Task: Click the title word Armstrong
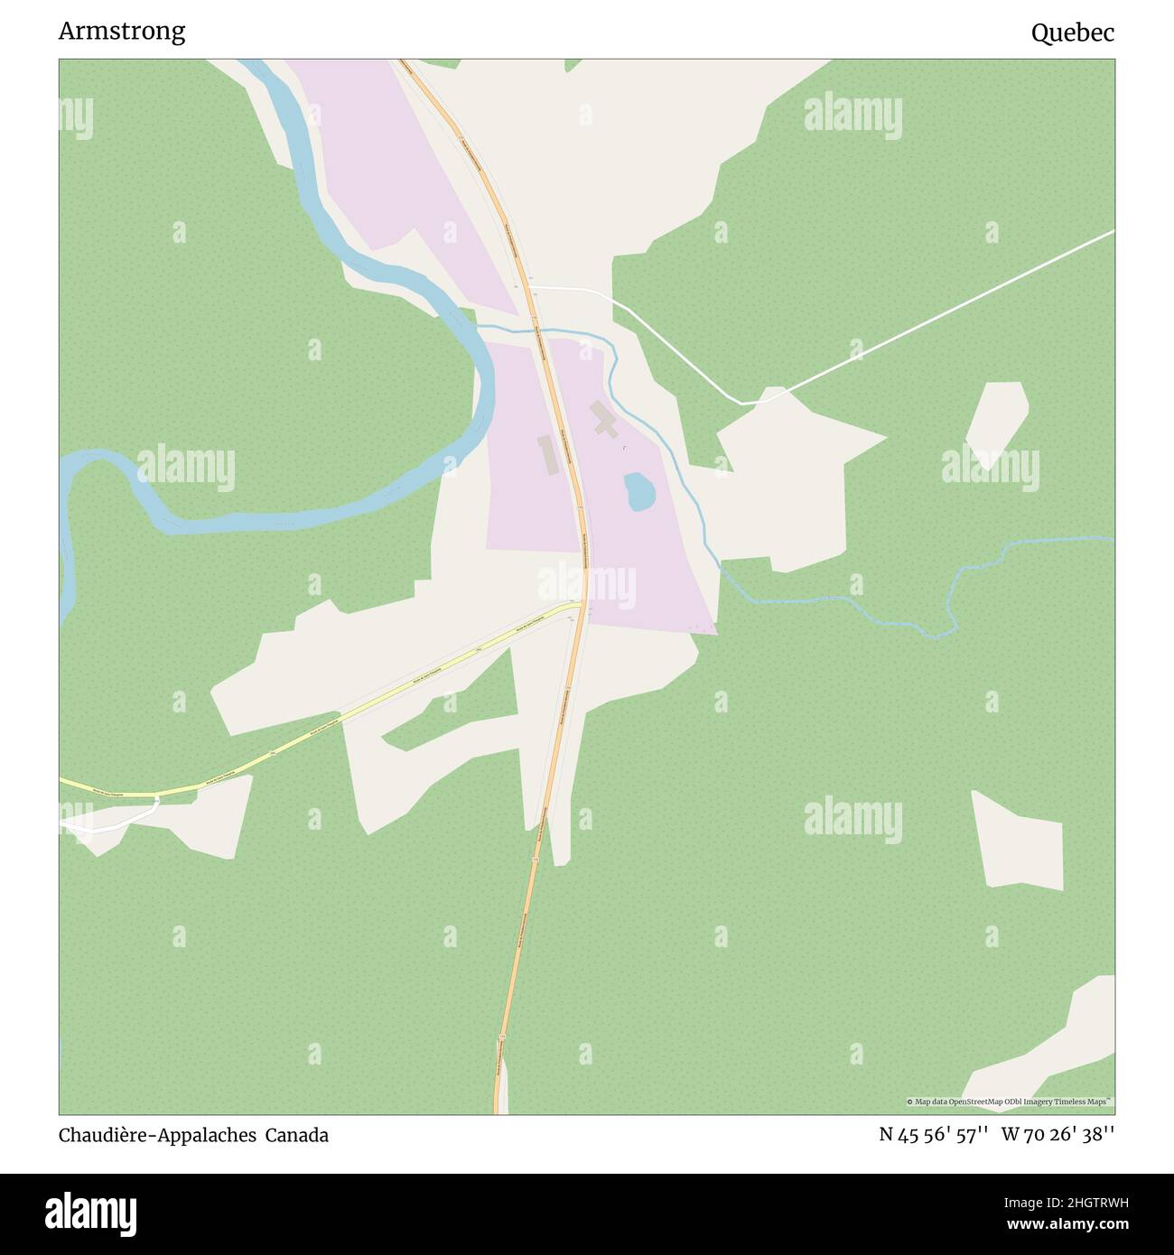pos(122,32)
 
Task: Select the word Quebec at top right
pos(1073,33)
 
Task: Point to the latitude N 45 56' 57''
pos(934,1135)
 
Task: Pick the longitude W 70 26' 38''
pos(1058,1135)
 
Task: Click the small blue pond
pos(638,491)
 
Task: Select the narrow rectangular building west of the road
pos(545,455)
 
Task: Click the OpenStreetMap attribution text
pos(1010,1102)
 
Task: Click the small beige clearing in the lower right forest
pos(1020,841)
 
